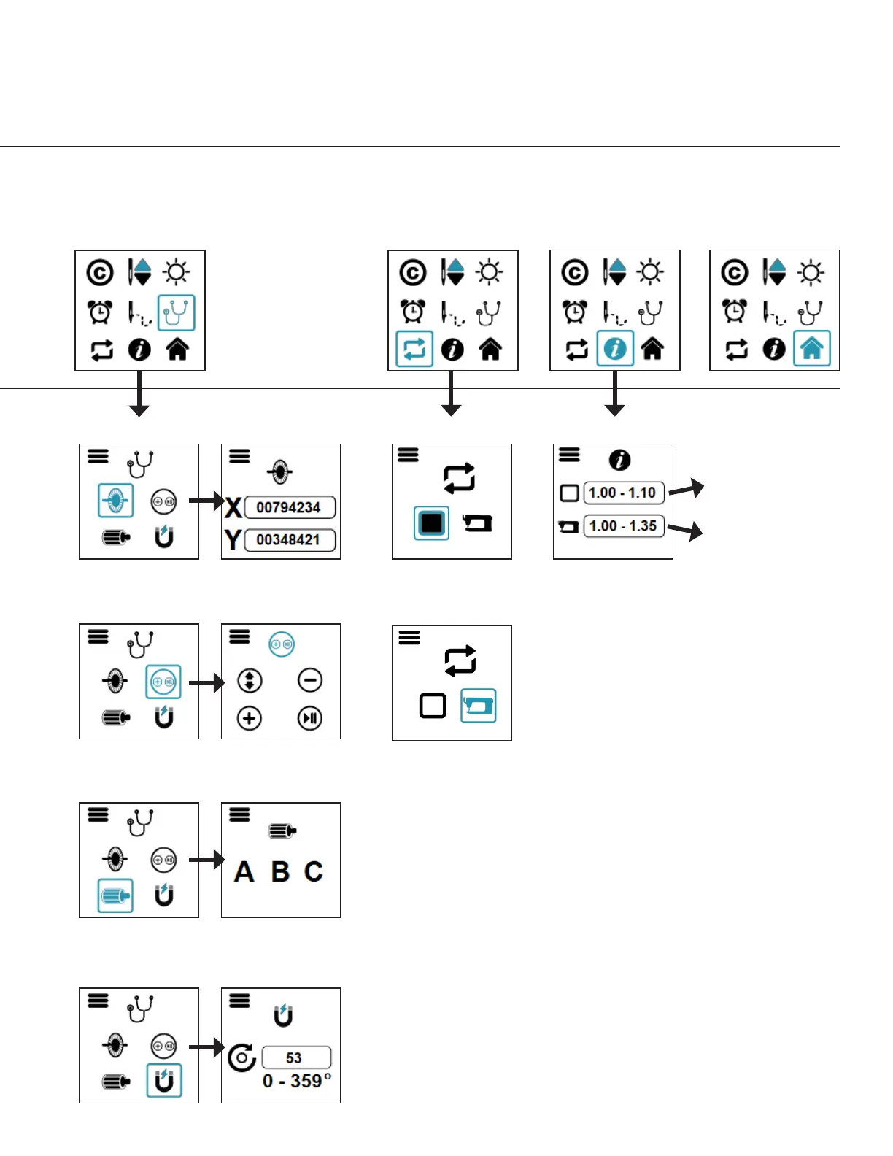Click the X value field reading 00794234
pos(290,507)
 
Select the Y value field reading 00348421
pos(290,540)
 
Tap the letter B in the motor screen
pos(280,871)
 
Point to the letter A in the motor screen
pos(244,871)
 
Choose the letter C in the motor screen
pos(314,871)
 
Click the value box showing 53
pos(295,1057)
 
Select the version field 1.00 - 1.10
pos(623,493)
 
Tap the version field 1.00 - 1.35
pos(623,526)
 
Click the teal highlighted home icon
pos(811,349)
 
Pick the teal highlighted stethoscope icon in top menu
pos(177,313)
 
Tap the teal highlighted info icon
pos(615,349)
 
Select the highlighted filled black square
pos(431,523)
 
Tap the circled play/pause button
pos(310,718)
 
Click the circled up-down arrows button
pos(250,680)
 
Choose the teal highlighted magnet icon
pos(164,1081)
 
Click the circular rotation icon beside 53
pos(241,1057)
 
